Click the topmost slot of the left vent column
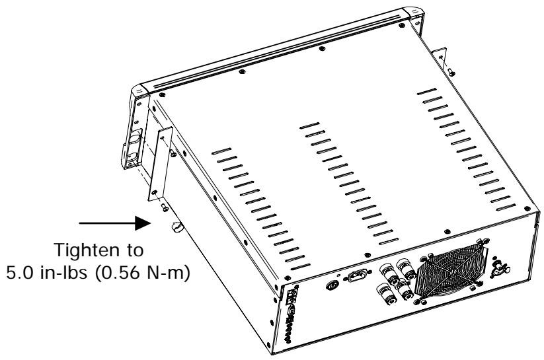pyautogui.click(x=222, y=150)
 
